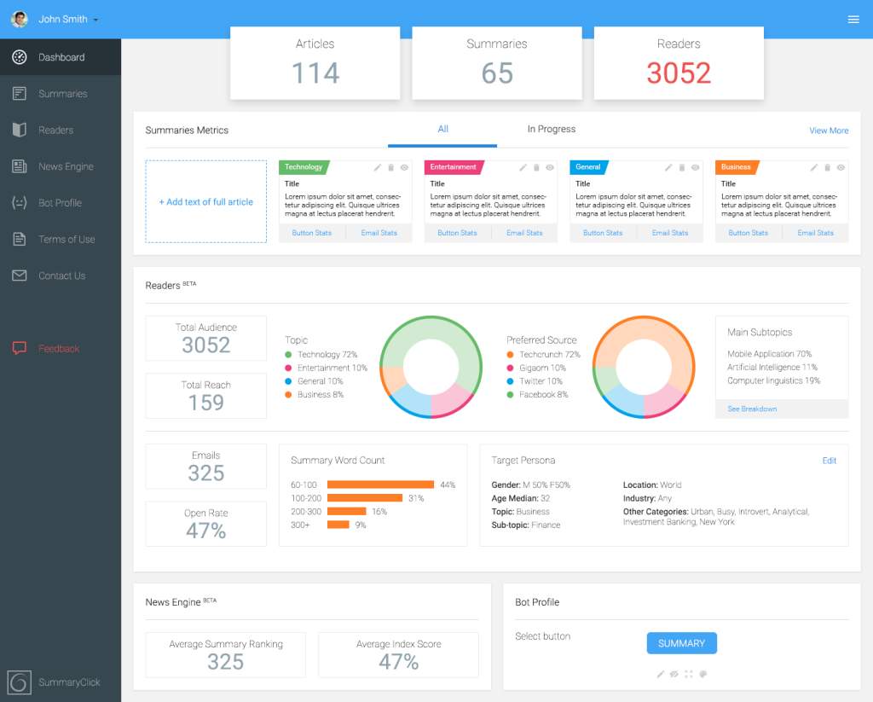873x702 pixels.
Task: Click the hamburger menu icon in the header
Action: tap(853, 20)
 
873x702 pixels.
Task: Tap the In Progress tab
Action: tap(552, 130)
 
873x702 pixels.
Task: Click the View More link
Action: tap(829, 131)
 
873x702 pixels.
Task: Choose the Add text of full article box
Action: tap(206, 201)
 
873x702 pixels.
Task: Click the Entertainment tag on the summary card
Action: tap(454, 167)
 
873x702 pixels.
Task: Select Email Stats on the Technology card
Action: tap(379, 233)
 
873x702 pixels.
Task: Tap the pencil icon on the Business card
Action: tap(813, 168)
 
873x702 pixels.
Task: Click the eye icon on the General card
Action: tap(696, 168)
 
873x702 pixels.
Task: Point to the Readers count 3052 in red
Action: tap(679, 73)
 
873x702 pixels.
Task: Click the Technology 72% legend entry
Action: tap(321, 354)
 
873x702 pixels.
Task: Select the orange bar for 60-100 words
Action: tap(380, 484)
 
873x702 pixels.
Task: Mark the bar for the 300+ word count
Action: tap(338, 525)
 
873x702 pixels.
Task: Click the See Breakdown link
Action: tap(752, 409)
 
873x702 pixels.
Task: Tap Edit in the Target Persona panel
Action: tap(829, 461)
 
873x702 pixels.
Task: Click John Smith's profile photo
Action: tap(20, 19)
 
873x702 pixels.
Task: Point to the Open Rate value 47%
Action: tap(206, 531)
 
